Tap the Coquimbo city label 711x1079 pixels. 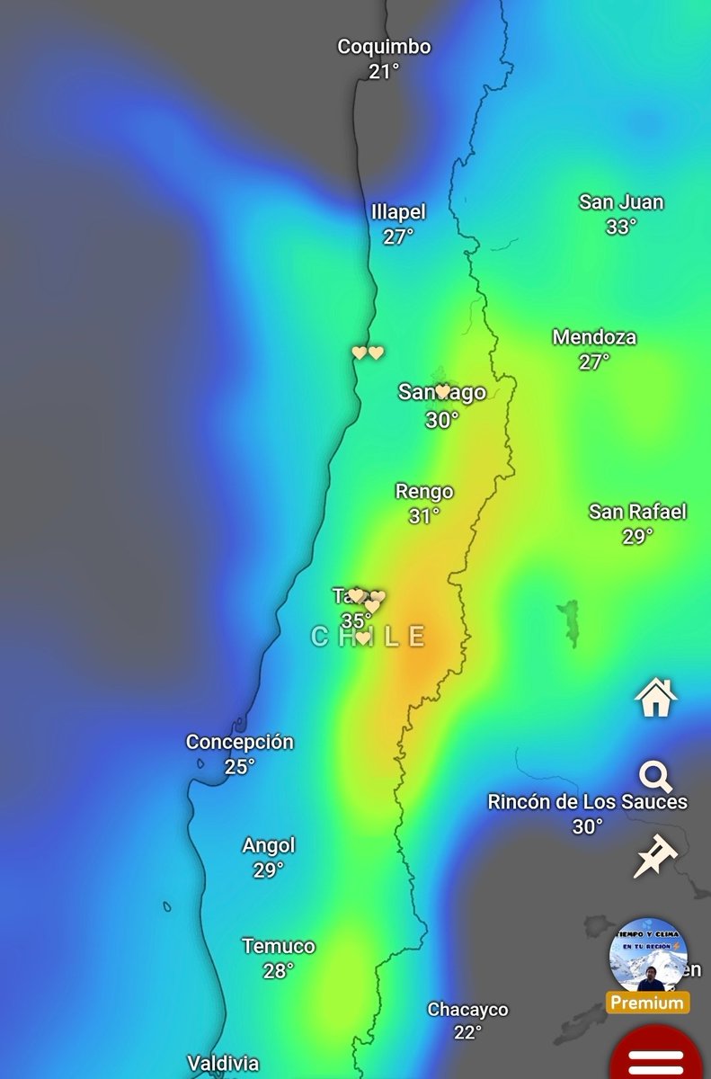coord(384,47)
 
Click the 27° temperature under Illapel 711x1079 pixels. coord(398,236)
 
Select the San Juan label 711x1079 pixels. coord(621,202)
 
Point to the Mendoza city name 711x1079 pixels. coord(594,338)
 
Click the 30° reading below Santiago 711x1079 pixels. coord(442,419)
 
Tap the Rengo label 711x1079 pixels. coord(424,492)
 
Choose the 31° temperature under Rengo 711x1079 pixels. coord(424,516)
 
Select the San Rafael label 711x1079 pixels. coord(637,512)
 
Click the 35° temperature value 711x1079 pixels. coord(356,620)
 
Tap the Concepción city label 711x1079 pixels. coord(240,742)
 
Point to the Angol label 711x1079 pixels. coord(269,845)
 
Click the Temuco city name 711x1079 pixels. coord(279,946)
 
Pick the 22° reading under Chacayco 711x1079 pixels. coord(467,1033)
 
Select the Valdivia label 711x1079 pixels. coord(223,1063)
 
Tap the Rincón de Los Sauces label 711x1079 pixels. coord(587,801)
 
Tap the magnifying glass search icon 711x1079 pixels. coord(656,776)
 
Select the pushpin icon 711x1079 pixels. coord(654,855)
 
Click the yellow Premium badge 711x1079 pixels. coord(647,1003)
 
